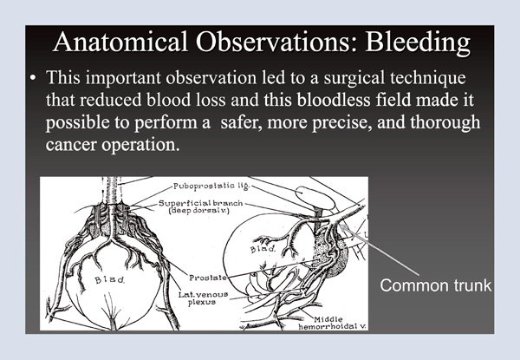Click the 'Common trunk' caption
click(436, 283)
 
